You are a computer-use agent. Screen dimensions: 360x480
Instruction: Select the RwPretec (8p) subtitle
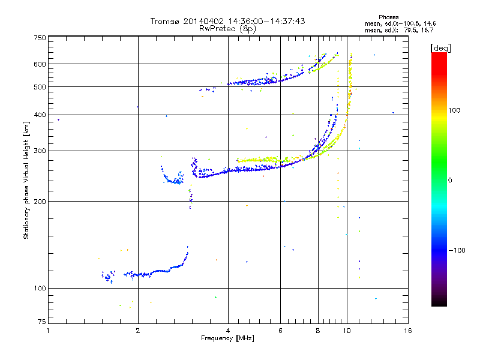[227, 28]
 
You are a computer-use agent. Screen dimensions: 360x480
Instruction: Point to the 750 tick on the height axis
[39, 38]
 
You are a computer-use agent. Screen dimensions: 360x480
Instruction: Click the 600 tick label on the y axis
[39, 64]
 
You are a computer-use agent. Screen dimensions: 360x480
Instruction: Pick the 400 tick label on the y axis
[39, 115]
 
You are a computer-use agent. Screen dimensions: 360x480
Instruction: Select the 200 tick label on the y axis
[39, 201]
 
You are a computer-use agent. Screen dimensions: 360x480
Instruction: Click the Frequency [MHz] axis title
[227, 338]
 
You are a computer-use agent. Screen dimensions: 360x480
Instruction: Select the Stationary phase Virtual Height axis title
[26, 181]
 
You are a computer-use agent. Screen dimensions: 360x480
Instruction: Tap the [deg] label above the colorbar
[441, 47]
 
